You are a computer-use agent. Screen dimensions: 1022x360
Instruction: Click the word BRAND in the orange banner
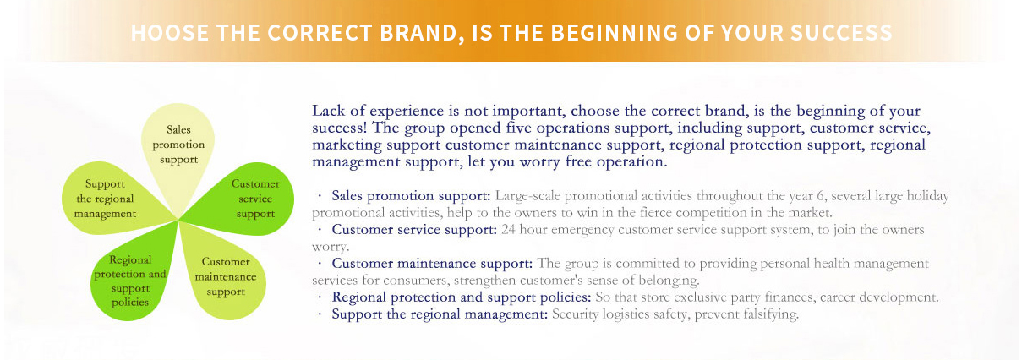pos(418,33)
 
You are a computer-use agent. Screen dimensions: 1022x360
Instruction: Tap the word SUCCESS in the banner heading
pos(841,33)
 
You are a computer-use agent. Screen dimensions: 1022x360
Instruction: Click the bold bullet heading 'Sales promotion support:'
pos(411,196)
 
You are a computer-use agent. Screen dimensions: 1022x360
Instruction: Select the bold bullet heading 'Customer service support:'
pos(414,230)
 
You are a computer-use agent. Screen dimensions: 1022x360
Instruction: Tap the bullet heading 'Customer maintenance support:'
pos(432,264)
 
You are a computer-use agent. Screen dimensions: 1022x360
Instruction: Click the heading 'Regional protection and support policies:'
pos(462,297)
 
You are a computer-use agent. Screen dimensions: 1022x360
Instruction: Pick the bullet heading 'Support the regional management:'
pos(440,314)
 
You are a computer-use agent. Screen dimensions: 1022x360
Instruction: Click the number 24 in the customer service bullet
pos(508,230)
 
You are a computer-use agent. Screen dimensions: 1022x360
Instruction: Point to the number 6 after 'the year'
pos(820,196)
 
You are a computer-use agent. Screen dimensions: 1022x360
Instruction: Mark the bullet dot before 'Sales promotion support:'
pos(320,196)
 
